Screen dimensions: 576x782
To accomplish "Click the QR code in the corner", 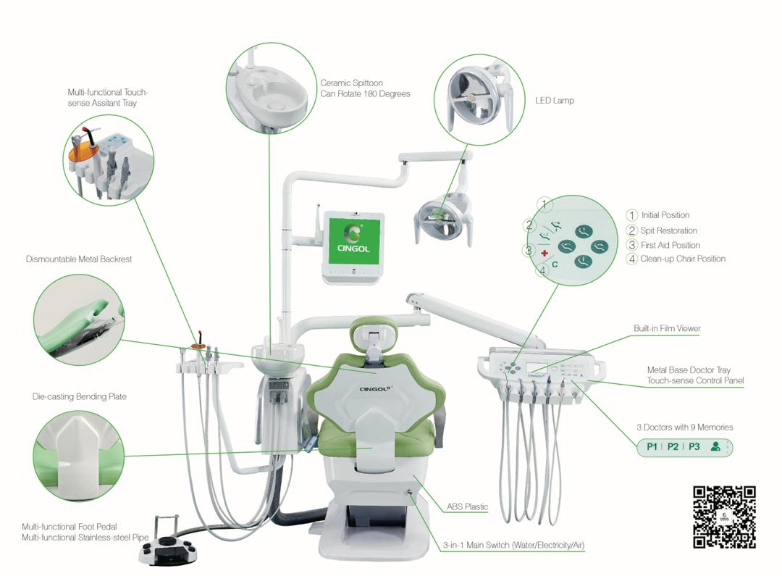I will click(x=724, y=517).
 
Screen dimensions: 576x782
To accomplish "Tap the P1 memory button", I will click(x=652, y=446).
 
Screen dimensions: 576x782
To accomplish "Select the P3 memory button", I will click(x=694, y=446).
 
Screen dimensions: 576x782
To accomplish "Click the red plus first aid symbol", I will click(x=545, y=254).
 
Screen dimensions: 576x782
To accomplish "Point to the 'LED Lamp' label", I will click(x=554, y=101).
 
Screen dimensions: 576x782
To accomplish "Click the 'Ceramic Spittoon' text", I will click(x=351, y=83).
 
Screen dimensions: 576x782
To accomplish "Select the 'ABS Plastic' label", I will click(x=467, y=507).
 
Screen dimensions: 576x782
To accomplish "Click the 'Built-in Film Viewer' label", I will click(x=667, y=328).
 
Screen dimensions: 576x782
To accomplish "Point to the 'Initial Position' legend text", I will click(x=665, y=215).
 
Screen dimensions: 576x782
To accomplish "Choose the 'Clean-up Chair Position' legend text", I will click(x=682, y=259).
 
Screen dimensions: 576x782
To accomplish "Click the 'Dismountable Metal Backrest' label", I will click(x=79, y=259).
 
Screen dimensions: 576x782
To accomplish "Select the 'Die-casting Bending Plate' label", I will click(x=79, y=397).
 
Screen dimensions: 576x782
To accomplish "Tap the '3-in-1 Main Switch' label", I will click(x=514, y=544).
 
